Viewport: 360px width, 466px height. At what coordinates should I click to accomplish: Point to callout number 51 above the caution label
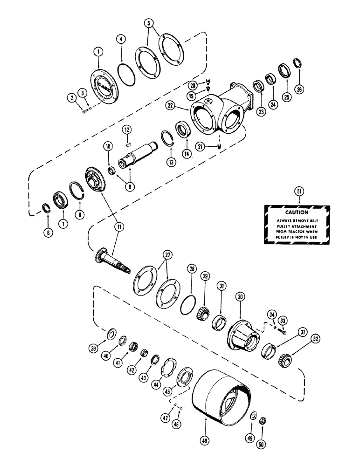[298, 191]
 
